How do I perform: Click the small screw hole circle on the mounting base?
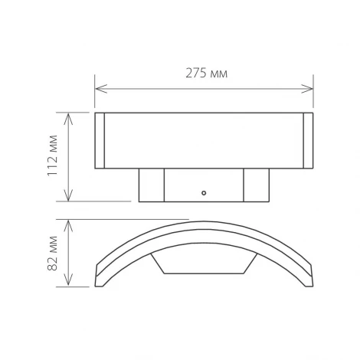204,192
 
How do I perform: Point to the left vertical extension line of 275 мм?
95,96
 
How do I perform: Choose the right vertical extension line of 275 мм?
313,96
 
